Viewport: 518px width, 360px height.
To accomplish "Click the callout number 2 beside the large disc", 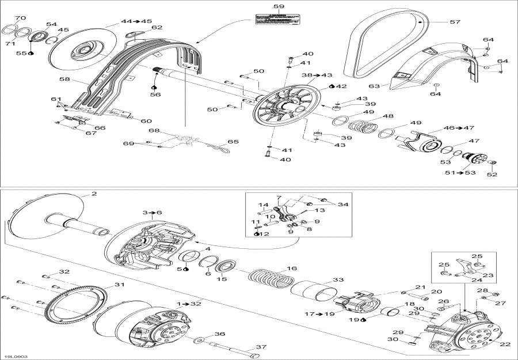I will point(94,194).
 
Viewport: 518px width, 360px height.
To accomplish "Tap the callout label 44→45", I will point(132,21).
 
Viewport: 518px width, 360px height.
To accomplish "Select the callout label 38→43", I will point(317,75).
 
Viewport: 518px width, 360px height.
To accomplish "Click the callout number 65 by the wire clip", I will point(233,141).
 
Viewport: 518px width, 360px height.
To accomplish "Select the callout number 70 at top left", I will point(21,18).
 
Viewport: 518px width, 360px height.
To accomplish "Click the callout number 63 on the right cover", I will point(374,85).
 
